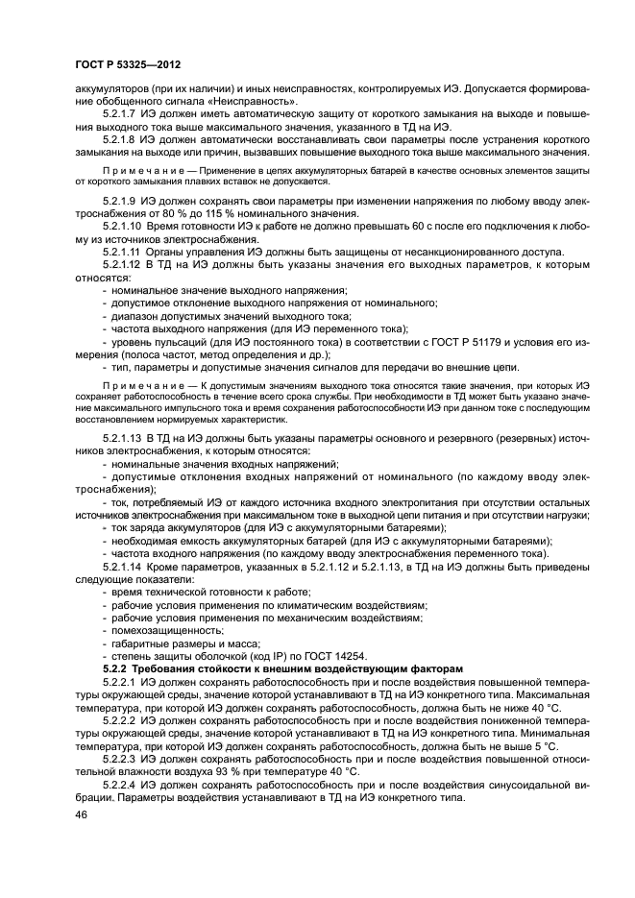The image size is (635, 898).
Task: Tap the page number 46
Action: point(83,815)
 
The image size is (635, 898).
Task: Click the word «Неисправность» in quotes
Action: point(262,101)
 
